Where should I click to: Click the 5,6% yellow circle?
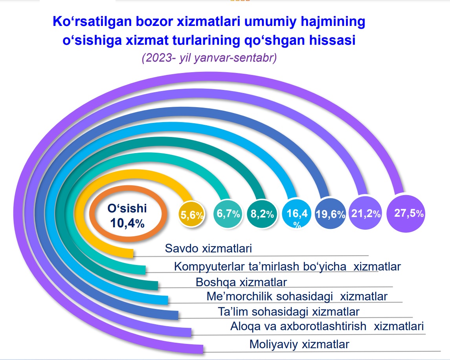click(191, 214)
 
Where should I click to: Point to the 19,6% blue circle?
click(330, 214)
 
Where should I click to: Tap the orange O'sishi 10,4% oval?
click(127, 216)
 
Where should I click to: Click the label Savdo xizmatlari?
click(208, 249)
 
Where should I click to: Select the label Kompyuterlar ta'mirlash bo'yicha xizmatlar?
click(287, 267)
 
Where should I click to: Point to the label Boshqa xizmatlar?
click(241, 282)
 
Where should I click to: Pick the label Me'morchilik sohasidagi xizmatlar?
click(297, 296)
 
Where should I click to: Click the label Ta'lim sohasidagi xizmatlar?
click(289, 312)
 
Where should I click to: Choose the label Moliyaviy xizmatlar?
click(299, 345)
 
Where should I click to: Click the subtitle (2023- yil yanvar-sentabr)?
click(209, 58)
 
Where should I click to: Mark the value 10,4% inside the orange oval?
click(127, 223)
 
